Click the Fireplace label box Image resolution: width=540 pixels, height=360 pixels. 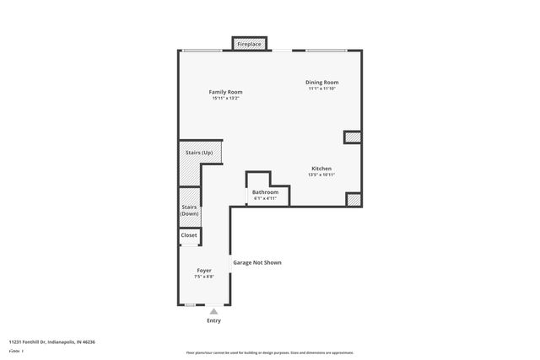[x=249, y=43]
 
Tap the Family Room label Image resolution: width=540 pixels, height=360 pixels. [x=225, y=91]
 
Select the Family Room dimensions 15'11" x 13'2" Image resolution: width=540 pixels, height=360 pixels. [x=225, y=98]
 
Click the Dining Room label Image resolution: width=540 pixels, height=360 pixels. [x=321, y=82]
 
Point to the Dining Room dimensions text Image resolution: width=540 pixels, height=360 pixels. [x=321, y=89]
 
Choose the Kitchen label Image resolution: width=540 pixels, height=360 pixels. [x=321, y=168]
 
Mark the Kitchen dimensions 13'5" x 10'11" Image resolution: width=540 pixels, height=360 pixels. [x=321, y=175]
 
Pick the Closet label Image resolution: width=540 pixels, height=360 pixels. [x=189, y=235]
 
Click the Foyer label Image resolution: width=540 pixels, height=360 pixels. [x=203, y=270]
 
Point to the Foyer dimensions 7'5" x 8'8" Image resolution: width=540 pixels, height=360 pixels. [x=203, y=277]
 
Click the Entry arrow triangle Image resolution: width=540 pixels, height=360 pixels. [x=213, y=310]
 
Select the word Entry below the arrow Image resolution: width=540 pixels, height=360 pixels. [x=213, y=320]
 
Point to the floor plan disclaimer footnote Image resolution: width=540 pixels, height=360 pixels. [x=269, y=352]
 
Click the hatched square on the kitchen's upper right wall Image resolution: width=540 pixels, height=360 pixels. [x=353, y=137]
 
